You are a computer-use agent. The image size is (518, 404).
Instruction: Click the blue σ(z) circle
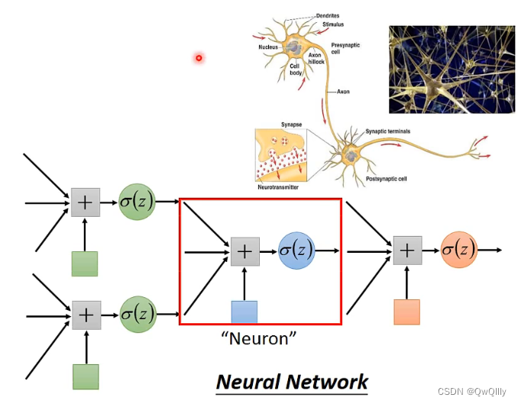pyautogui.click(x=296, y=250)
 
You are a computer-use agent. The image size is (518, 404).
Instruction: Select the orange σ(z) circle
pyautogui.click(x=458, y=249)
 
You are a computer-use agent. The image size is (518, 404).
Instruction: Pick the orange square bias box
pyautogui.click(x=406, y=312)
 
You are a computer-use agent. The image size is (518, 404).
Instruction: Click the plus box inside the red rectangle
pyautogui.click(x=244, y=250)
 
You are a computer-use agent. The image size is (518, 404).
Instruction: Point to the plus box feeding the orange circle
pyautogui.click(x=406, y=250)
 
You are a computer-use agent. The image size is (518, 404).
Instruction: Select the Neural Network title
pyautogui.click(x=293, y=381)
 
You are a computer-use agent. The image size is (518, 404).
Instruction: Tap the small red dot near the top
pyautogui.click(x=199, y=57)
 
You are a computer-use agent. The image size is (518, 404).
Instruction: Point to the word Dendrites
pyautogui.click(x=327, y=15)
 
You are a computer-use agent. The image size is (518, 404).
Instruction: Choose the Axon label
pyautogui.click(x=343, y=92)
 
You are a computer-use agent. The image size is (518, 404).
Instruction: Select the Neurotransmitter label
pyautogui.click(x=278, y=186)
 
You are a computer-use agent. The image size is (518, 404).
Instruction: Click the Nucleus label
pyautogui.click(x=268, y=47)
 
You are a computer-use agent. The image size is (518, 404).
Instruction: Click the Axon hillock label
pyautogui.click(x=316, y=59)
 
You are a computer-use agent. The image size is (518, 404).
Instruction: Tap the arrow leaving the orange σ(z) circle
pyautogui.click(x=490, y=249)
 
